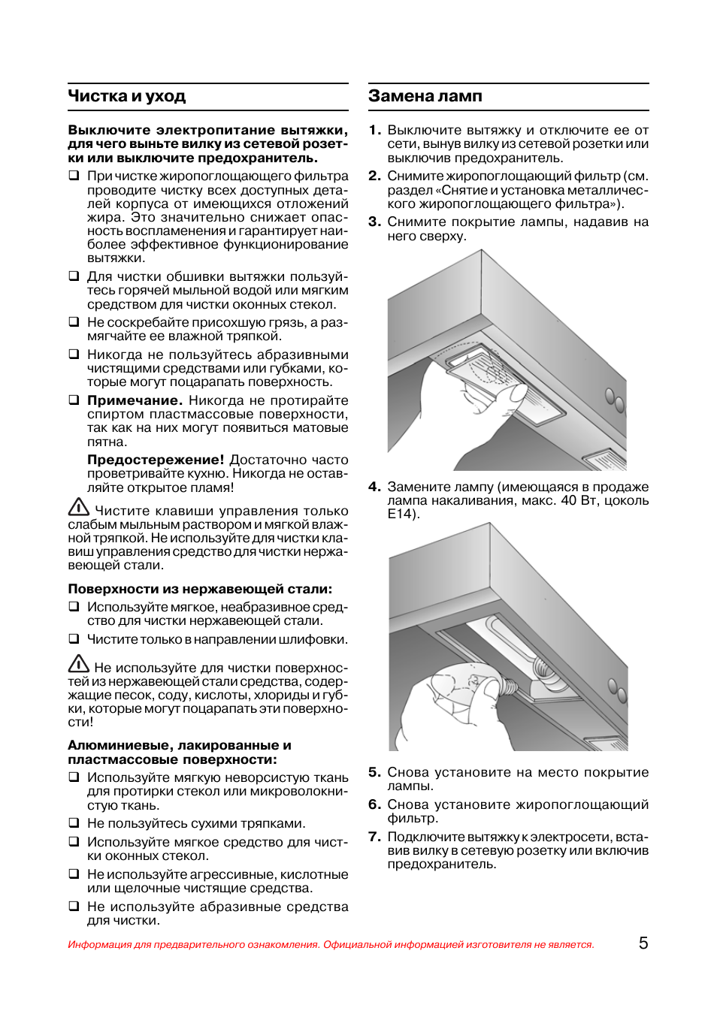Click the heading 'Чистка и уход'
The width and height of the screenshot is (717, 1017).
(126, 96)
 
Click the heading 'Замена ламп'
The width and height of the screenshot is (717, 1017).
(425, 96)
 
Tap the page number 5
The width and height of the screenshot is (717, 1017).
(643, 943)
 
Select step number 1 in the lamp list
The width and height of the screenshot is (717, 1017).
(374, 130)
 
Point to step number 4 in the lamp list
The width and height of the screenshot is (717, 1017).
(374, 487)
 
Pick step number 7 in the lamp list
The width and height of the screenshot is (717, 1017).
(374, 837)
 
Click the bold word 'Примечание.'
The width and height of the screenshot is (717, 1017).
(135, 400)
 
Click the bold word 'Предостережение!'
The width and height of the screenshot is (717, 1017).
(156, 460)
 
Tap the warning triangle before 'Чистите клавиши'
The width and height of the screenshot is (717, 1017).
(79, 508)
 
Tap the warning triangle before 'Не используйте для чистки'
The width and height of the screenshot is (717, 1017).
(79, 664)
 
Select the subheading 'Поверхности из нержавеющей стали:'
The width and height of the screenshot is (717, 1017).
(200, 589)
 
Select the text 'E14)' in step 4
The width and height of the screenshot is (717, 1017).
(403, 515)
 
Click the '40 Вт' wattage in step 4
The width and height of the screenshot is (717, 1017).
(576, 501)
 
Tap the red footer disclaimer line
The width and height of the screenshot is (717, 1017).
(331, 944)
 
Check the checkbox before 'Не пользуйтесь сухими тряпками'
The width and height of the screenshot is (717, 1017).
(74, 823)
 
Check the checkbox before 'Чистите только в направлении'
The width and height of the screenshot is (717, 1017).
(74, 639)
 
